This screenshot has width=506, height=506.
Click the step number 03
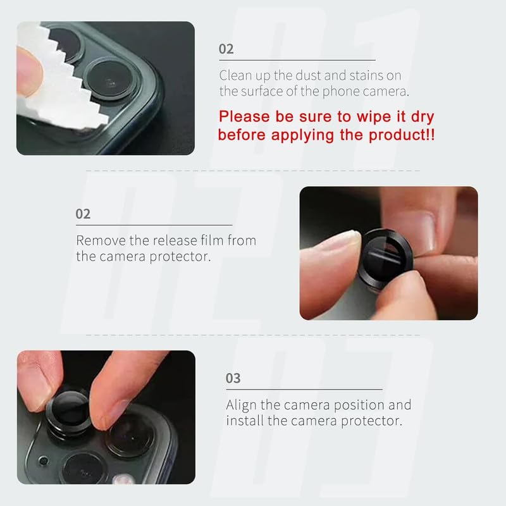point(233,378)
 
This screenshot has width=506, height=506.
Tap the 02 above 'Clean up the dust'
point(226,49)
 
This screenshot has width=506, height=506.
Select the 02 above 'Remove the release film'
point(83,214)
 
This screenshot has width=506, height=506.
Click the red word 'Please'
point(244,116)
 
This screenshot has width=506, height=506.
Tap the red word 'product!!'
point(402,135)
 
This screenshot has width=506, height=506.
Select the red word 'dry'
point(423,117)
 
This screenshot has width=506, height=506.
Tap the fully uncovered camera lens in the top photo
point(109,79)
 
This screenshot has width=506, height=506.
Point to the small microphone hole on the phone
point(44,460)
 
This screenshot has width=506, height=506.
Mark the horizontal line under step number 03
point(304,390)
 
